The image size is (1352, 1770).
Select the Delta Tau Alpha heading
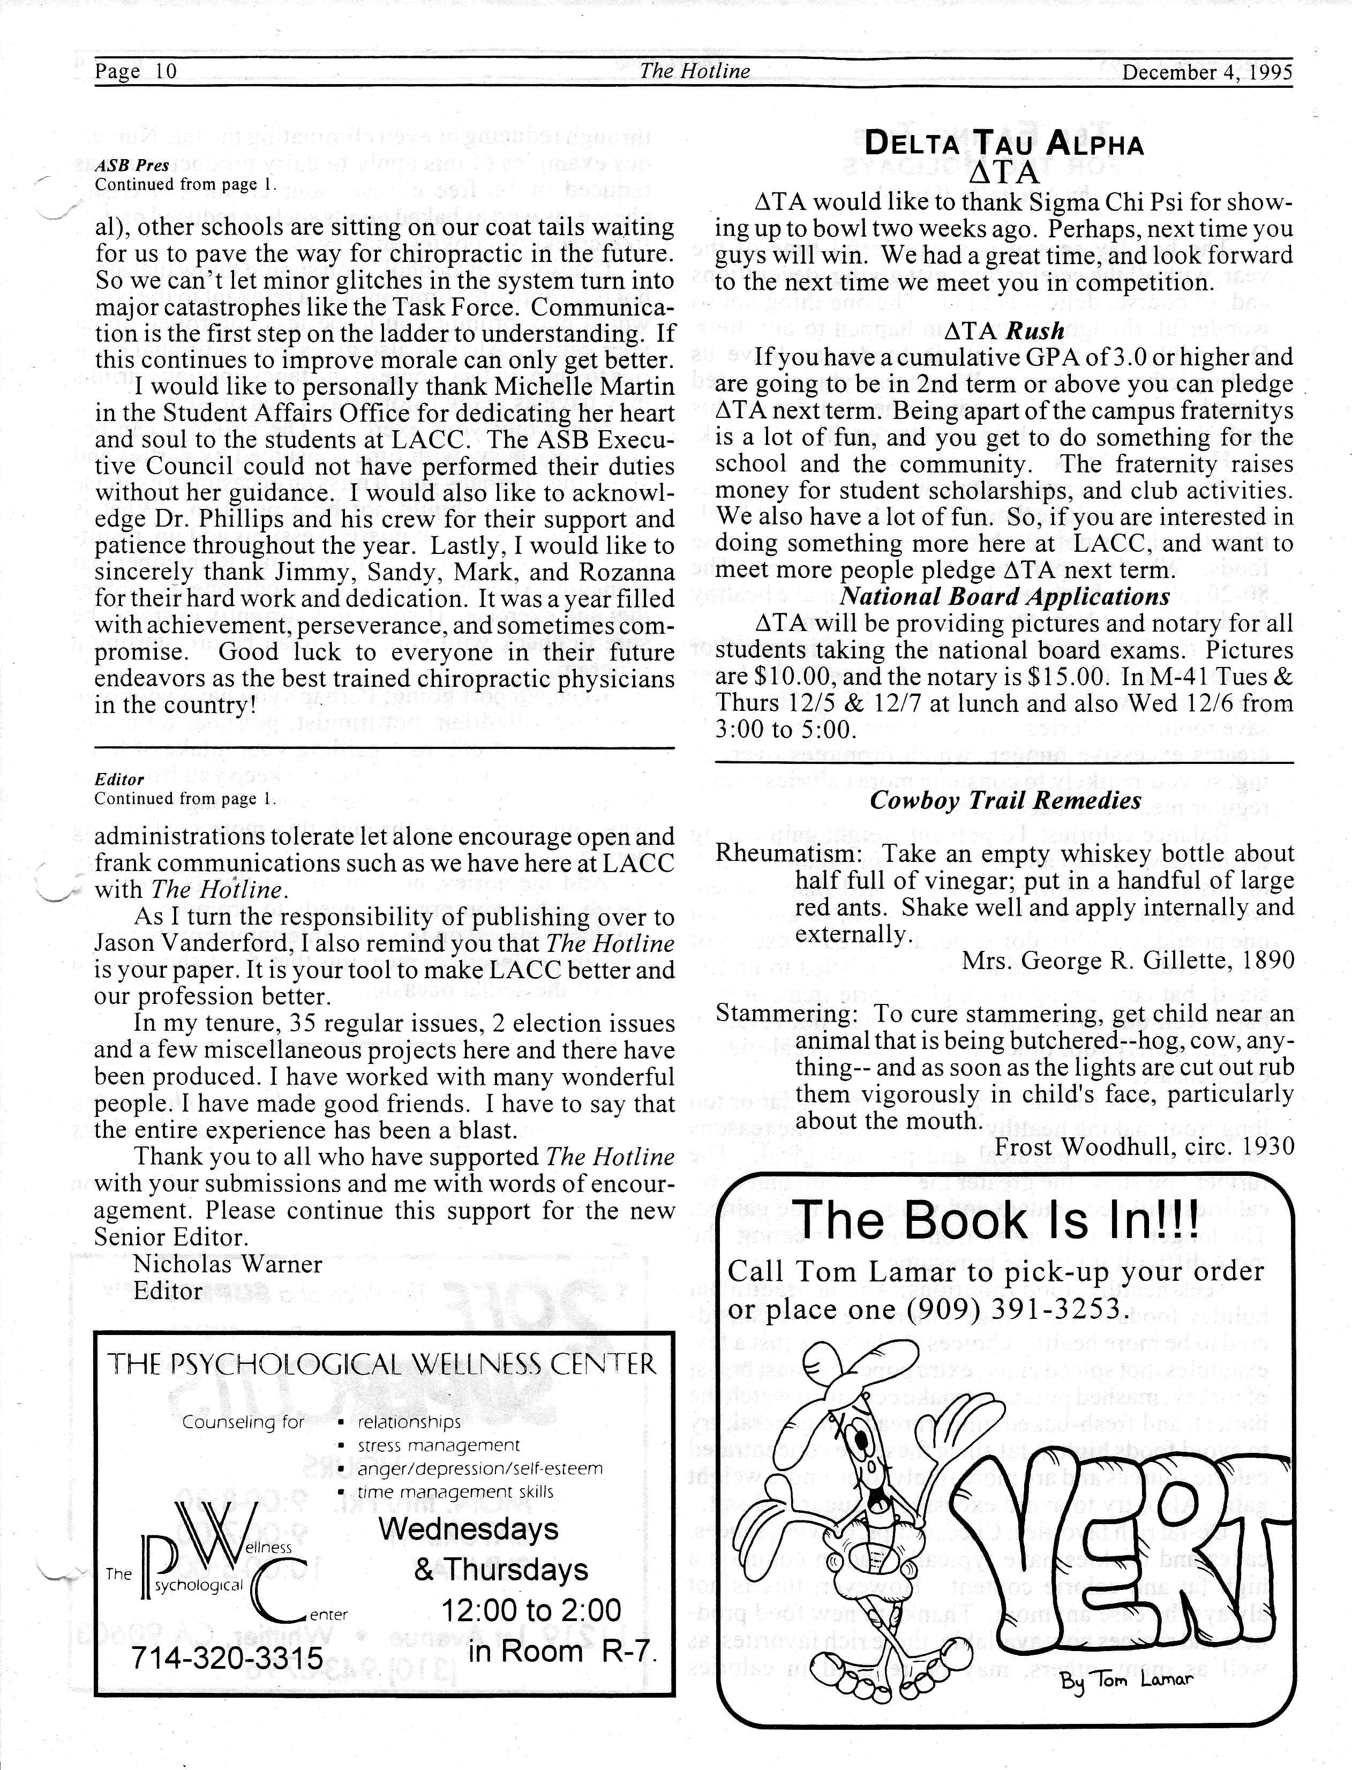1003,144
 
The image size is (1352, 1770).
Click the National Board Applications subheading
1004,596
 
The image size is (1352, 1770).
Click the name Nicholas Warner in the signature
228,1264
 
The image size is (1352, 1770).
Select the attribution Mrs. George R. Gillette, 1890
1128,960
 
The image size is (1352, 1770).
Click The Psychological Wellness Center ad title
382,1364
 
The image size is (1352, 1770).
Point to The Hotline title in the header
695,72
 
